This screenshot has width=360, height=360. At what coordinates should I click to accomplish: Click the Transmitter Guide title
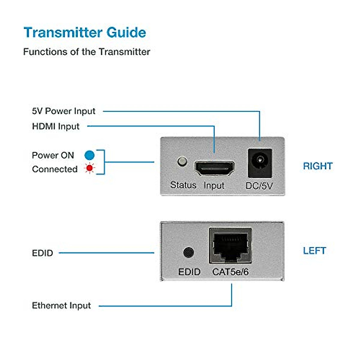tap(85, 32)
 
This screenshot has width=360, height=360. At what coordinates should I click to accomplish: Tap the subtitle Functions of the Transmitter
tap(86, 52)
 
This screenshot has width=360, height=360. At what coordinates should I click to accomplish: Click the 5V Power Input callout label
tap(64, 111)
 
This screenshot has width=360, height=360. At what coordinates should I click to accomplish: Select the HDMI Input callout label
tap(56, 126)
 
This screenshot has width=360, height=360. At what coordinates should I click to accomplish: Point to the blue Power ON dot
tap(89, 155)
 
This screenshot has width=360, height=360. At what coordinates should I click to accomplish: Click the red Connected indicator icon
tap(89, 168)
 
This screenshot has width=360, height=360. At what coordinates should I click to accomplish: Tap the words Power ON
tap(53, 155)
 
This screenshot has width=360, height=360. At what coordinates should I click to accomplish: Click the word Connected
tap(55, 169)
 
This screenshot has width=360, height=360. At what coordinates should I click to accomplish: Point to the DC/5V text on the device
tap(259, 186)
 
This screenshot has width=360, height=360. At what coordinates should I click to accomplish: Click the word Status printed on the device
tap(183, 185)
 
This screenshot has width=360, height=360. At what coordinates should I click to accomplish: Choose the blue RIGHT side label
tap(318, 166)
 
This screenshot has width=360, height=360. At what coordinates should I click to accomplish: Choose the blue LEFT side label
tap(314, 250)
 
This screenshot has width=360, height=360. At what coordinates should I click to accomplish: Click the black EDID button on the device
tap(188, 252)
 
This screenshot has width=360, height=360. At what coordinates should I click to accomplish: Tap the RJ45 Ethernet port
tap(230, 245)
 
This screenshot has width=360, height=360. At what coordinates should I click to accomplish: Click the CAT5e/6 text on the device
tap(230, 272)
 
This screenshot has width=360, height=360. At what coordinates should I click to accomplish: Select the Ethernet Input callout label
tap(61, 305)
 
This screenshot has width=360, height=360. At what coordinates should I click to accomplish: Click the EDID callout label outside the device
tap(42, 253)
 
